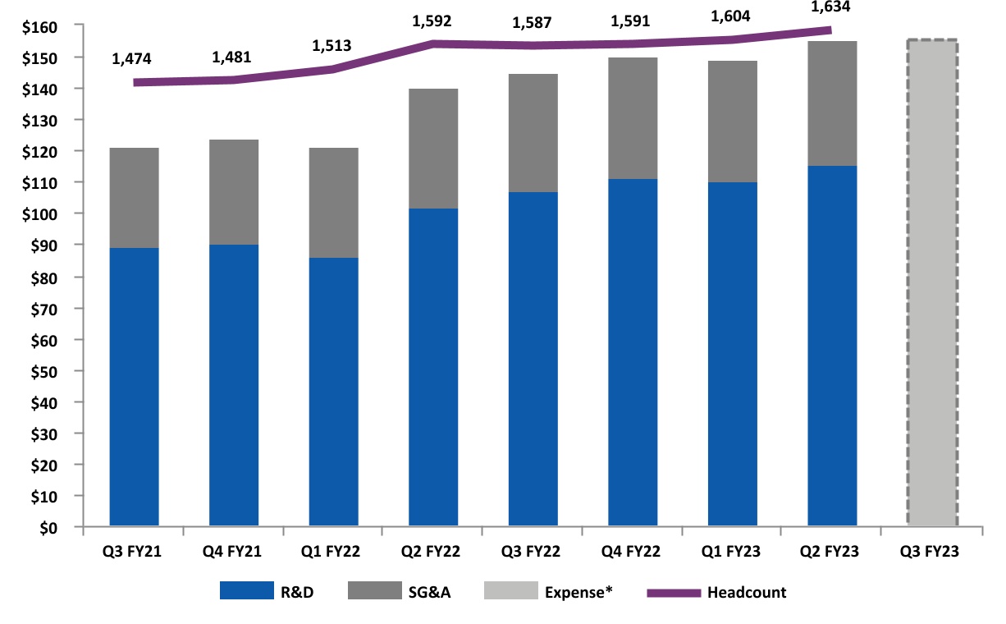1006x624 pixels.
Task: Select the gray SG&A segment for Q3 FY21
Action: point(134,198)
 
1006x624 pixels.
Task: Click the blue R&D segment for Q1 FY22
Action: point(333,392)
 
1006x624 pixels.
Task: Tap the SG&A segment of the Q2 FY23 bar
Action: point(832,103)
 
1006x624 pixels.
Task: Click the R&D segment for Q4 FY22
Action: point(633,352)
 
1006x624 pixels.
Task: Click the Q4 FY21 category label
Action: point(234,552)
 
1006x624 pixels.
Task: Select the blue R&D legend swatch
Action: point(245,591)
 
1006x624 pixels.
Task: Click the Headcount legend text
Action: point(746,592)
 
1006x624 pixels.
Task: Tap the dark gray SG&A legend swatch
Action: point(374,591)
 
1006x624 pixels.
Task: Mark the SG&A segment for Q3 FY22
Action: point(533,133)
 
